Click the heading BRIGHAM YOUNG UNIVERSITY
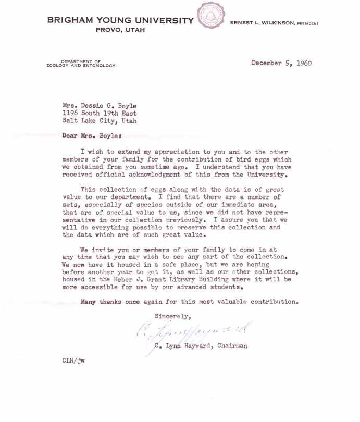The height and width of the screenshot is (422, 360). [x=120, y=21]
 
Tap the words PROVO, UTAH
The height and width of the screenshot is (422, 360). [x=120, y=31]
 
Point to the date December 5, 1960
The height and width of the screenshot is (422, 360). [x=281, y=63]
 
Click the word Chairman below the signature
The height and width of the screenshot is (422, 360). [x=232, y=345]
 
